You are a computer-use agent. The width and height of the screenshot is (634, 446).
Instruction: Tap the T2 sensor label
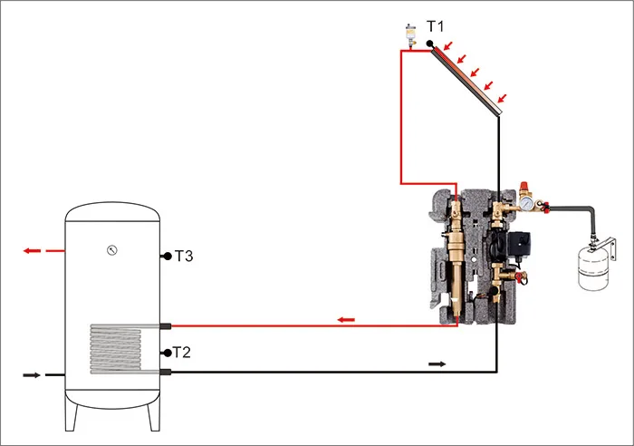point(180,352)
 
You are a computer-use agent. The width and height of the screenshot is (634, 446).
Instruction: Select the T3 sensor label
point(183,257)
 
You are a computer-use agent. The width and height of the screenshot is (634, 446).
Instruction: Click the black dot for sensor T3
point(167,257)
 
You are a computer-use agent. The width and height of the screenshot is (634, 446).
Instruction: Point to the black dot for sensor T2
point(166,352)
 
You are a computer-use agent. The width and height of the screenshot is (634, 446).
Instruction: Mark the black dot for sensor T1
point(430,44)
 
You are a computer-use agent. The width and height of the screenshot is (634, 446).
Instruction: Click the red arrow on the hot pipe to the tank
point(345,319)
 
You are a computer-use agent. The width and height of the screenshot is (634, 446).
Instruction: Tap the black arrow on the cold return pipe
point(437,364)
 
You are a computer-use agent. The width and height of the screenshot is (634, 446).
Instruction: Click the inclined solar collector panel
point(467,80)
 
